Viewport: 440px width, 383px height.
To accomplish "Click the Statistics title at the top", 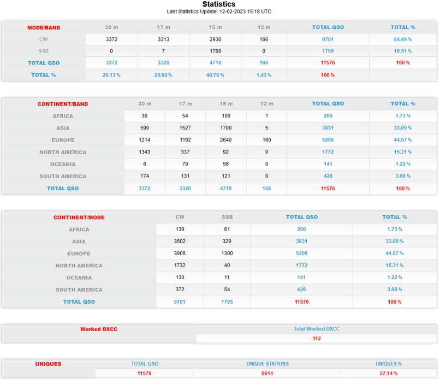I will (219, 4).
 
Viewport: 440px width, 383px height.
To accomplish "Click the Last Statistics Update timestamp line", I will (219, 11).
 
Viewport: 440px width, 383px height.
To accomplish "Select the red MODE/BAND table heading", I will (44, 27).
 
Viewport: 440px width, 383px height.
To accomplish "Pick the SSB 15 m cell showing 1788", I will (215, 51).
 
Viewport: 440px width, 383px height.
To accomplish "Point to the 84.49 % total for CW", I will (403, 39).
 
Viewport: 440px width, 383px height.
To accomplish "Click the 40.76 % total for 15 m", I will (215, 75).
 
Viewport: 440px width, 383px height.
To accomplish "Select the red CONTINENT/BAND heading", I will (63, 104).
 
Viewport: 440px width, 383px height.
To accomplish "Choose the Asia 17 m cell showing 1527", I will (186, 128).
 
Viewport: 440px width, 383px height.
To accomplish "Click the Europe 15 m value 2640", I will (226, 140).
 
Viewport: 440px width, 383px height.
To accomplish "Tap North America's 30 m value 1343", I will (145, 152).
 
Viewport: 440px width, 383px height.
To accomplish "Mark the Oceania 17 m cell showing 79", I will (186, 164).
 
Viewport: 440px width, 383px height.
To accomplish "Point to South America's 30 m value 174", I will (145, 176).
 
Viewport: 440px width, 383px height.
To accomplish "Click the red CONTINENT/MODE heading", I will (79, 217).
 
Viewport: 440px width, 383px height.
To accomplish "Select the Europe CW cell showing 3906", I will (180, 254).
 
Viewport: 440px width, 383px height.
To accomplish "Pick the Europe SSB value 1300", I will (227, 254).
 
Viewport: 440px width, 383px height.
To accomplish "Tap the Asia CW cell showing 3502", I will (180, 241).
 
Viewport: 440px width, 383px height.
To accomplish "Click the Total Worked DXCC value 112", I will (317, 338).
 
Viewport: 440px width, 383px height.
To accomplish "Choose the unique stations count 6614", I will (267, 373).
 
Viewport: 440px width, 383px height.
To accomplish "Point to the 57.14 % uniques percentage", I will (389, 373).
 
